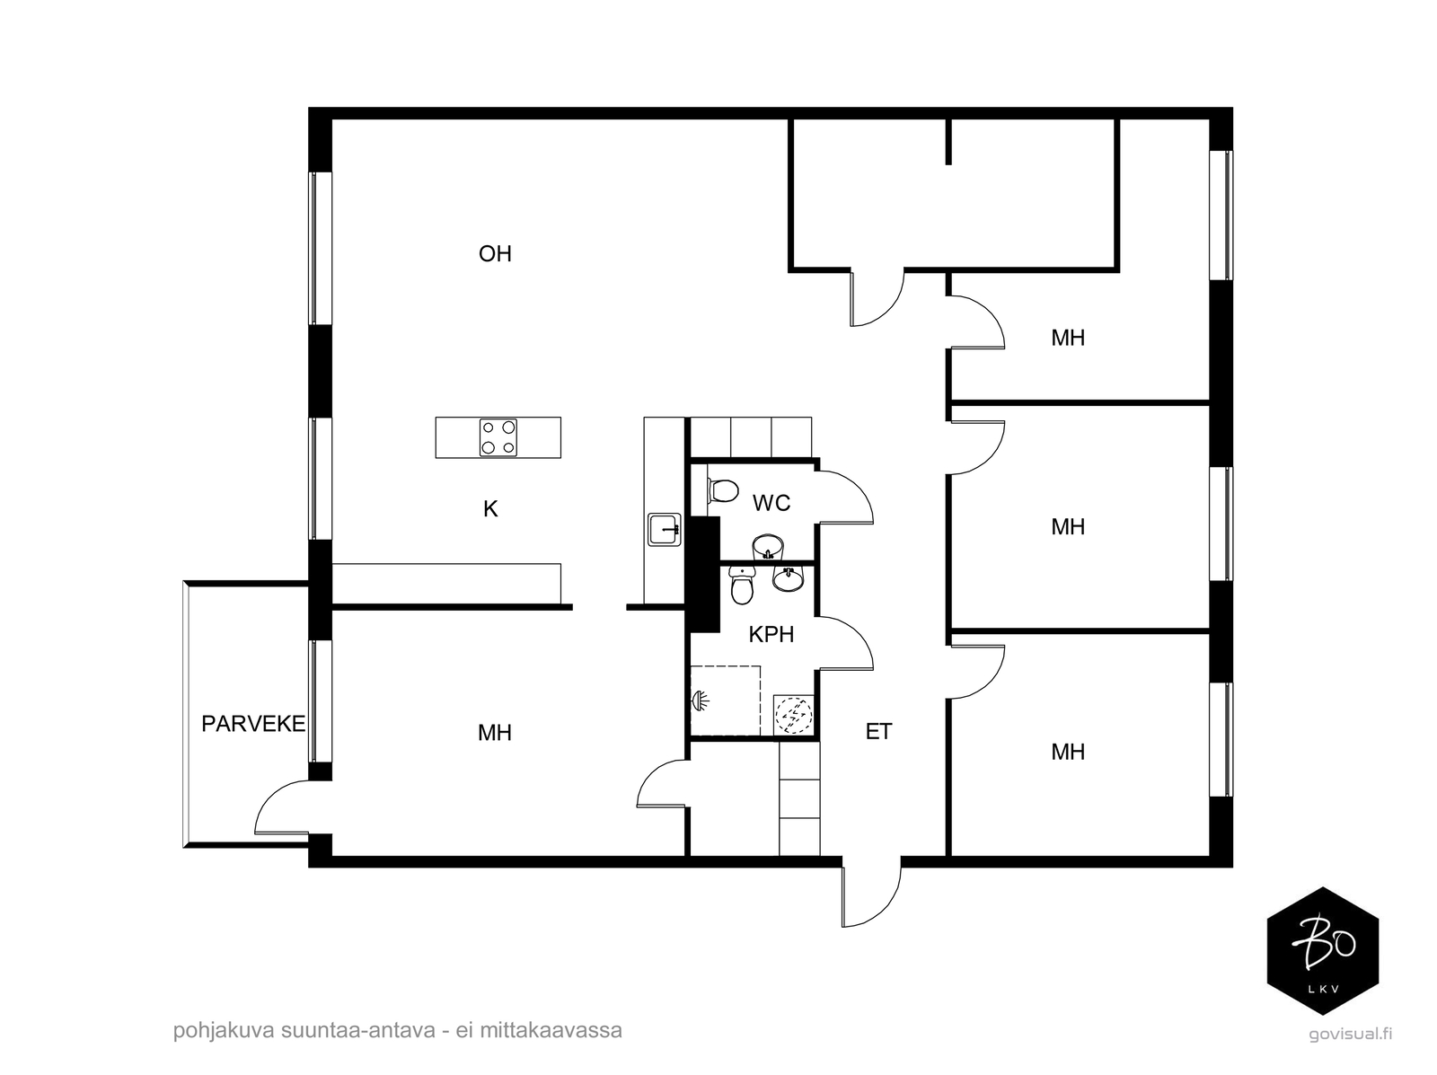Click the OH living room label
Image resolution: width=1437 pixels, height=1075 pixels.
pyautogui.click(x=495, y=254)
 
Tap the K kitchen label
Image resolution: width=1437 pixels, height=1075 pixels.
pyautogui.click(x=490, y=509)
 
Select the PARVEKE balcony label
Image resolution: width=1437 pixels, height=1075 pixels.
pyautogui.click(x=253, y=724)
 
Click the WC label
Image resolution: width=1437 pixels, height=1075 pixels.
pyautogui.click(x=771, y=503)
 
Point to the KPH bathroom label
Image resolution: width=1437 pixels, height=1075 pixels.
pyautogui.click(x=771, y=635)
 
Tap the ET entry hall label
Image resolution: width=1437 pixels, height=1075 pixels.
pyautogui.click(x=878, y=732)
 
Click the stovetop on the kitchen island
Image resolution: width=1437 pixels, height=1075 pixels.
pyautogui.click(x=498, y=437)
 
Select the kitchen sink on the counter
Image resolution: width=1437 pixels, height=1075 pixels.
pyautogui.click(x=664, y=530)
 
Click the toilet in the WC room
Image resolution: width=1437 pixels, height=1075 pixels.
pyautogui.click(x=721, y=490)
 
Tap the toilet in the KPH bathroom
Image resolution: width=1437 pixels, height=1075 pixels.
pyautogui.click(x=742, y=587)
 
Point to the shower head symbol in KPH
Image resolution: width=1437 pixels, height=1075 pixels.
pyautogui.click(x=700, y=700)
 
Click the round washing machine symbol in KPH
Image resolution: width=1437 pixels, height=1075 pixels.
pyautogui.click(x=792, y=716)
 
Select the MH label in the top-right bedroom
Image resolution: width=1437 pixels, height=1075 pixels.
pyautogui.click(x=1068, y=338)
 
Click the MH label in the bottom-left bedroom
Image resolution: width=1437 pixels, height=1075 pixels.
pyautogui.click(x=495, y=733)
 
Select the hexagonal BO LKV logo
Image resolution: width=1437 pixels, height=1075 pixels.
pyautogui.click(x=1322, y=951)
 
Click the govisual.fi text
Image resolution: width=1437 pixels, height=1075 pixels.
pyautogui.click(x=1350, y=1033)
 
